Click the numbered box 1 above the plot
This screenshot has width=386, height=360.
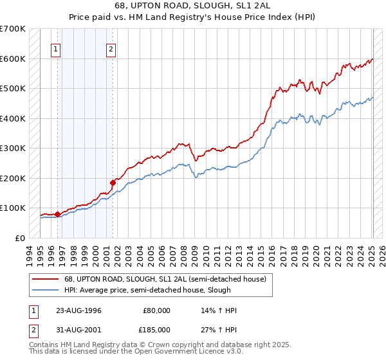[56, 49]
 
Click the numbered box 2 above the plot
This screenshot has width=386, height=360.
[111, 49]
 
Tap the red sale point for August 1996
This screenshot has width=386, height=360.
[57, 214]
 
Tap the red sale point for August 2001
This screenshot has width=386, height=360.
[113, 183]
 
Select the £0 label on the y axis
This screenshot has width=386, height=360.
[20, 238]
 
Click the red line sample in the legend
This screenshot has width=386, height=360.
[46, 278]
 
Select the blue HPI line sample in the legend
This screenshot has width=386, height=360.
[46, 289]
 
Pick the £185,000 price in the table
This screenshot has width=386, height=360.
[157, 329]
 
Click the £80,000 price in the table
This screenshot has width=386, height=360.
[157, 310]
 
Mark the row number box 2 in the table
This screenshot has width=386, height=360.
[33, 329]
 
